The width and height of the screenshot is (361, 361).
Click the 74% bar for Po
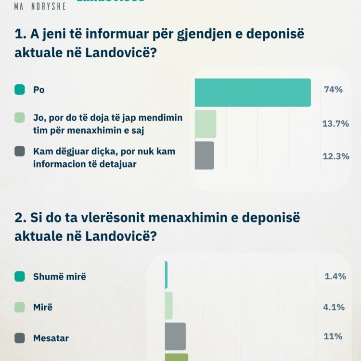coord(253,92)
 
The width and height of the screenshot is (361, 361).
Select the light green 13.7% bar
coord(206,124)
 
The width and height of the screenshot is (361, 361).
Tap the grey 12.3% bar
coord(205,155)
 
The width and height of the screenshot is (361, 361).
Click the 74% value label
coord(333,90)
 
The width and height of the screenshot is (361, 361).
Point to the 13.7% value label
coord(335,124)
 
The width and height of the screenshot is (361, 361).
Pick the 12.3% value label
coord(335,156)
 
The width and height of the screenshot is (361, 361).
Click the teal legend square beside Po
coord(20,90)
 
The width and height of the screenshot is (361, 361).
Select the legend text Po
coord(39,90)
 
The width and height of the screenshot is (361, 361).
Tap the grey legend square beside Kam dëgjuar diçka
coord(20,152)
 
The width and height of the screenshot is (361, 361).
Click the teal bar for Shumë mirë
coord(166,275)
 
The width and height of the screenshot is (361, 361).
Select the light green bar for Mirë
coord(168,306)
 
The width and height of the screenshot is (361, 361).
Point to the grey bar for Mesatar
coord(175,336)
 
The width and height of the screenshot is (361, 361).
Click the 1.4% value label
coord(335,276)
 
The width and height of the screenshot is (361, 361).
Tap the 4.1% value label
coord(335,307)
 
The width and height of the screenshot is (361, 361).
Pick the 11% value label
coord(333,336)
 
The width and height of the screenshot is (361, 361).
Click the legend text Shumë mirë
coord(59,277)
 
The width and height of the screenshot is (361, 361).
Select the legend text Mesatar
coord(51,338)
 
